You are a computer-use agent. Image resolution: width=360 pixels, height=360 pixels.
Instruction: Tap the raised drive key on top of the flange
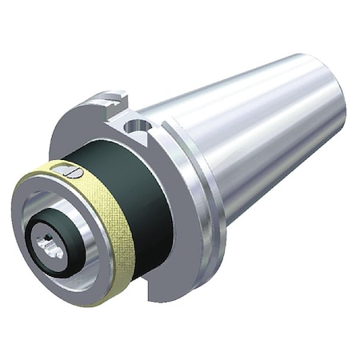(x=104, y=102)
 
